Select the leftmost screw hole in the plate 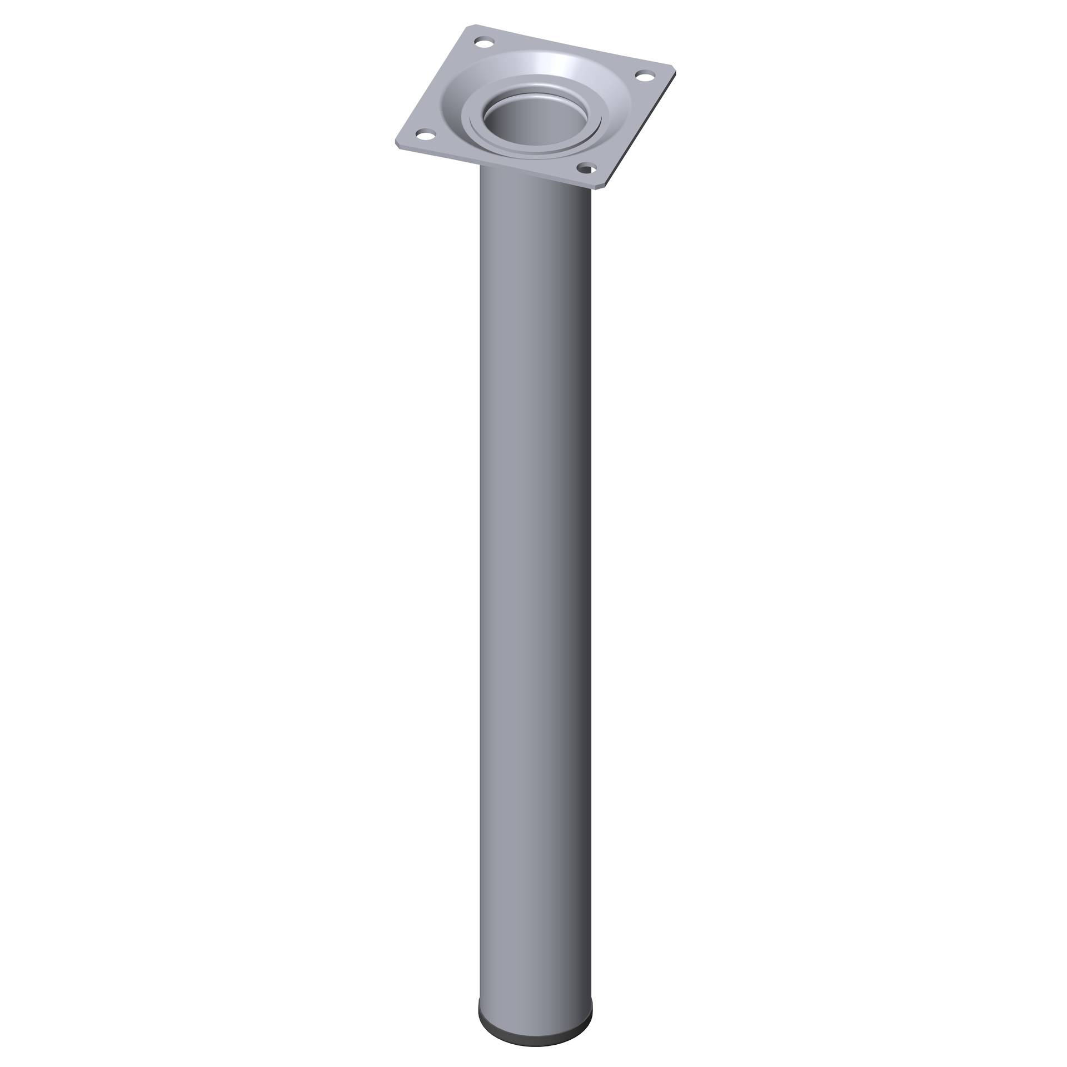point(426,134)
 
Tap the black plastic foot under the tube point(535,1000)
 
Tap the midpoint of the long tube point(535,584)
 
